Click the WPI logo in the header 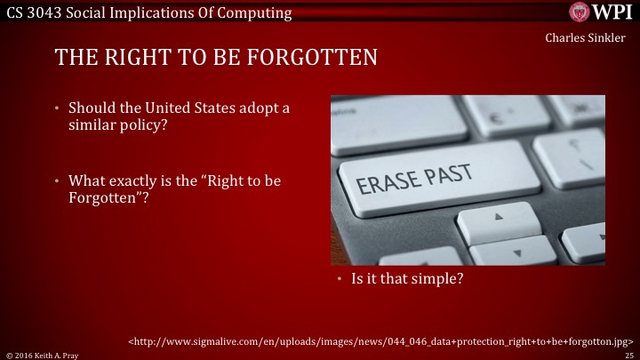point(601,12)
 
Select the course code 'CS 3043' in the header point(34,12)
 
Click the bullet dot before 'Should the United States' point(58,108)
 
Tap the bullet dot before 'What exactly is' point(58,181)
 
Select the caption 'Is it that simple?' point(406,279)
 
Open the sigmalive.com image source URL point(380,340)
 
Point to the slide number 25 point(628,354)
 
